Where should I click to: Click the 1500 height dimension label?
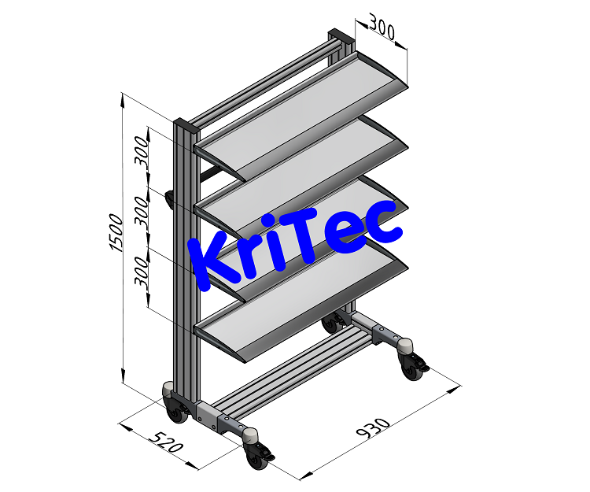tap(116, 232)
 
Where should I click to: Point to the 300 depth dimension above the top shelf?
tap(381, 31)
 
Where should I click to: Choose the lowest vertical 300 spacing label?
tap(142, 271)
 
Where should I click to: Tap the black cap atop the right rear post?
tap(340, 36)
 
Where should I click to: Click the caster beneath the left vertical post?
tap(175, 409)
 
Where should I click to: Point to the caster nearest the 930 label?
tap(260, 457)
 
